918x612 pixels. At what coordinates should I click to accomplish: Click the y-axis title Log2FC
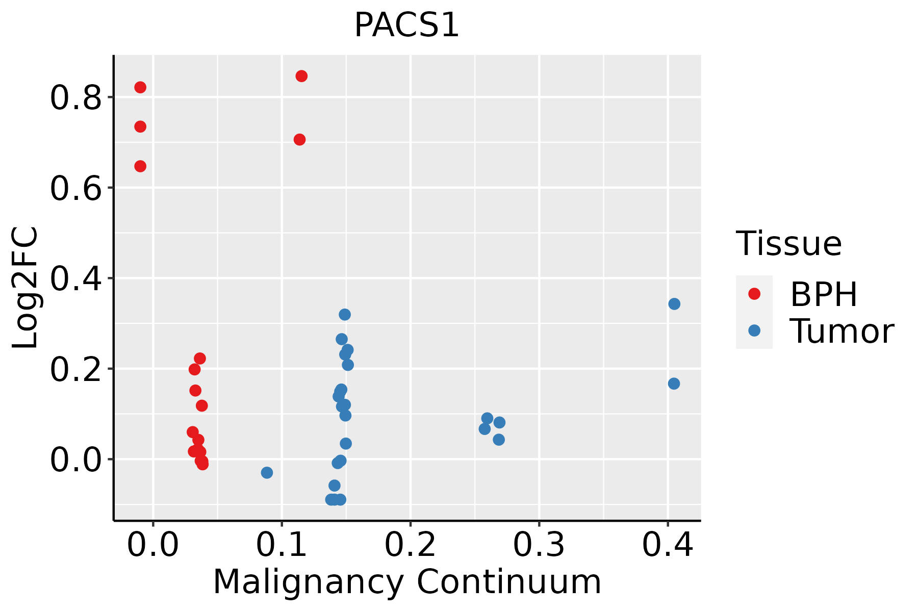coord(25,288)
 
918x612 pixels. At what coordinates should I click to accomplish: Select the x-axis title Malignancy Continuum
coord(407,582)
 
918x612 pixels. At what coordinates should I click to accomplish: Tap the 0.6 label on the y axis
coord(76,188)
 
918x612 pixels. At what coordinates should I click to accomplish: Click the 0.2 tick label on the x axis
coord(410,545)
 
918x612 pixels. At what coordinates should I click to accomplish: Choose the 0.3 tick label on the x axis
coord(539,545)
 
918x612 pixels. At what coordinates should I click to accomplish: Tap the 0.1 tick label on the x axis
coord(282,545)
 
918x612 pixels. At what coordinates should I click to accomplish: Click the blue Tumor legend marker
coord(754,330)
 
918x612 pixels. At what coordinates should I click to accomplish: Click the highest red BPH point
coord(301,76)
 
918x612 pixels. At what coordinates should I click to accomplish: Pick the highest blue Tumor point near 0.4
coord(674,304)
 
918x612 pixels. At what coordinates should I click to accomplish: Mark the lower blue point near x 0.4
coord(674,384)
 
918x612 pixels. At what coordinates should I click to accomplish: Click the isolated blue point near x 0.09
coord(267,473)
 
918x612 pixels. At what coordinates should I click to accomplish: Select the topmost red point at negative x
coord(140,87)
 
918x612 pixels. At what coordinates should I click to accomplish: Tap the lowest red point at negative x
coord(140,166)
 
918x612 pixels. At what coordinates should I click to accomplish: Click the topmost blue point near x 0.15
coord(345,315)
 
